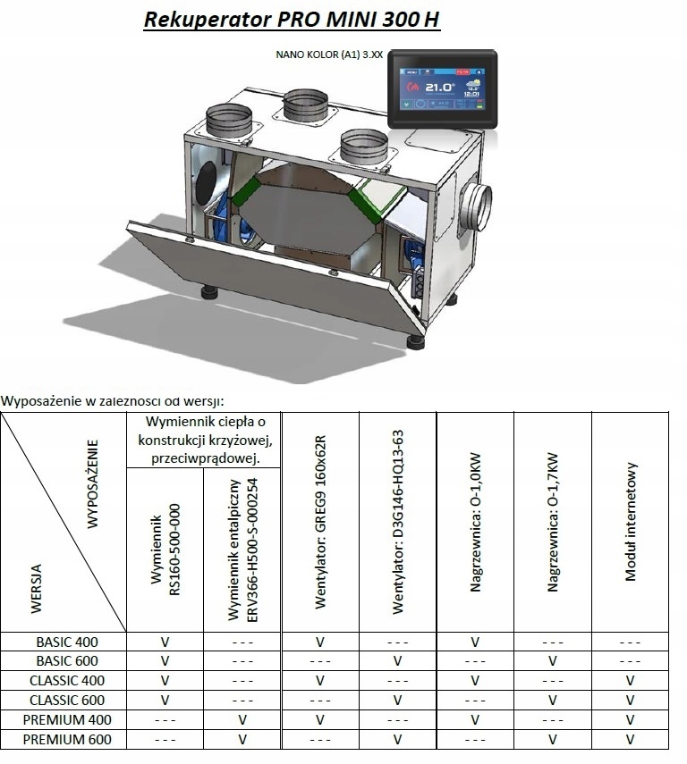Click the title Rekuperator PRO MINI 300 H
pos(292,19)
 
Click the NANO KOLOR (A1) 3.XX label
pos(330,55)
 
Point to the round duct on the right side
pos(476,210)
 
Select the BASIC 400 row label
pos(67,642)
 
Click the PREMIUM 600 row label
pos(67,739)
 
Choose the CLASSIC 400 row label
pos(67,681)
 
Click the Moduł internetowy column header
pos(631,523)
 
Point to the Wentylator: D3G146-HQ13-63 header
pos(398,522)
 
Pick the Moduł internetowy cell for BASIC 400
pos(630,642)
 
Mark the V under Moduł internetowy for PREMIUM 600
pos(630,739)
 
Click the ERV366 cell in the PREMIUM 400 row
pos(242,719)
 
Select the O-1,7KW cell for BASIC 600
pos(553,661)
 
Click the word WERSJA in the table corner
pos(36,589)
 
